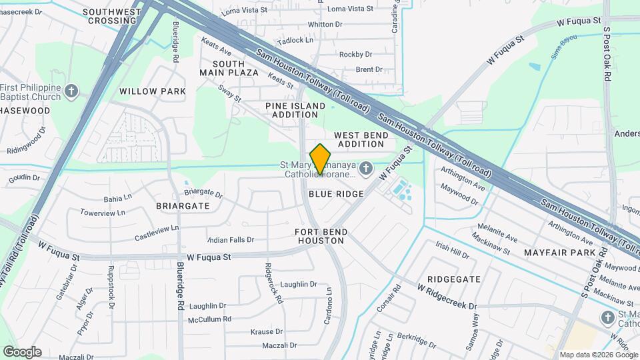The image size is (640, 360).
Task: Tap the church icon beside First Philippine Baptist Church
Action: point(73,91)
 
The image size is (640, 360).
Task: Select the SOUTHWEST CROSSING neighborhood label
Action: point(112,16)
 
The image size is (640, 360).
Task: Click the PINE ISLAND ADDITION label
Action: point(295,110)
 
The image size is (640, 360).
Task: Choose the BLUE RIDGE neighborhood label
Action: point(336,194)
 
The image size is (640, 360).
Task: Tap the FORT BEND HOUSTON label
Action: point(321,236)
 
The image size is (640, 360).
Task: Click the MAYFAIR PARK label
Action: point(550,253)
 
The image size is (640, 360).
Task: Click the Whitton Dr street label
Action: point(325,24)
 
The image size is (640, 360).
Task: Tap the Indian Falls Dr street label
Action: point(231,239)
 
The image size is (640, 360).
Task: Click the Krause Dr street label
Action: point(266,331)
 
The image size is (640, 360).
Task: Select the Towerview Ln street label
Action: point(103,213)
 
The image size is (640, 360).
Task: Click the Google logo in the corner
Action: point(22,352)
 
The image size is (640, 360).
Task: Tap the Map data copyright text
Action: point(597,355)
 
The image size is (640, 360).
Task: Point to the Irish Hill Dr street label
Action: point(453,252)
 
